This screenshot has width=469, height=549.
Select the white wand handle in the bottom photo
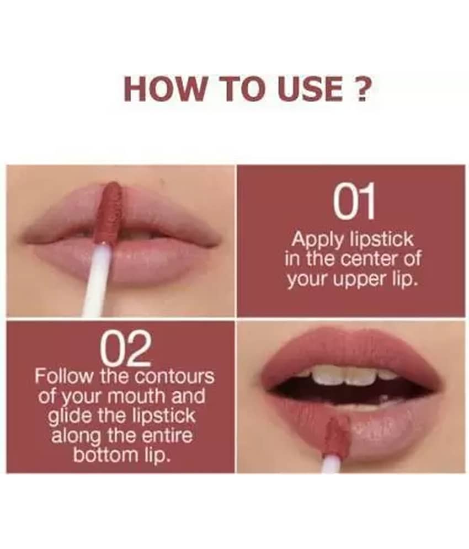click(x=332, y=463)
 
